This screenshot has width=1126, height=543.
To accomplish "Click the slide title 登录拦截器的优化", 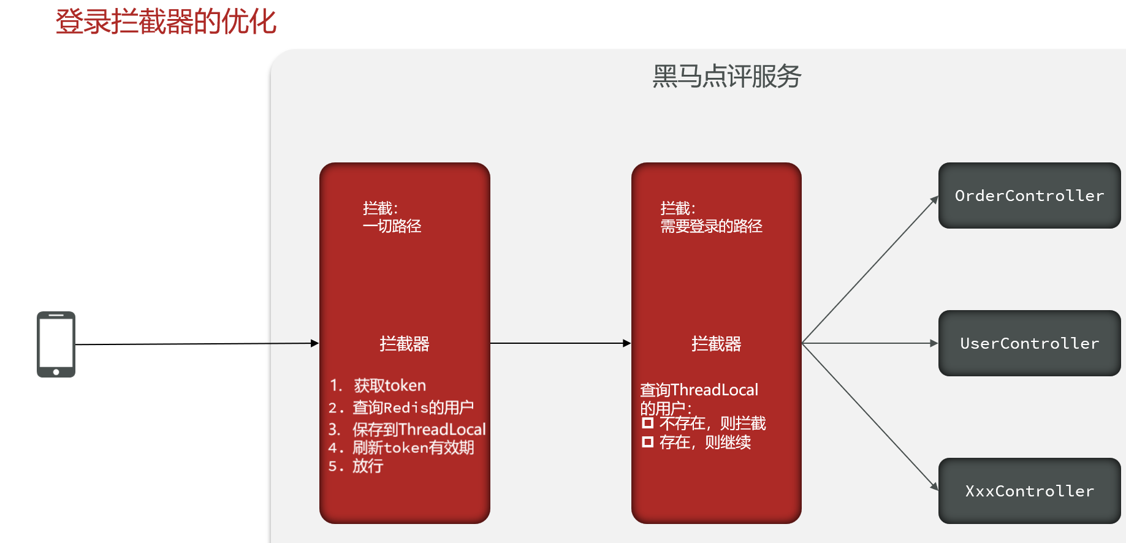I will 165,22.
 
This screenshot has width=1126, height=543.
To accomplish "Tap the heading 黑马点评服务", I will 726,77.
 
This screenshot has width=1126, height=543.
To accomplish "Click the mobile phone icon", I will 56,344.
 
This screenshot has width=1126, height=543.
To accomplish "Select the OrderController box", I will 1029,196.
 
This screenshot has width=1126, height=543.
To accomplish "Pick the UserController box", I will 1029,343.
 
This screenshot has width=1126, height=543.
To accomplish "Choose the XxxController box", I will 1029,491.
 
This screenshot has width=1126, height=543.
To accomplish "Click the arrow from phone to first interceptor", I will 196,344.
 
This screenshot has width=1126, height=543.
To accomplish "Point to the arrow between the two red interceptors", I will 560,343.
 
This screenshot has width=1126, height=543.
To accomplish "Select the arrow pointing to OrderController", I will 870,270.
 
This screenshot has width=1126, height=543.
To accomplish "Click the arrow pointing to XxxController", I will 870,417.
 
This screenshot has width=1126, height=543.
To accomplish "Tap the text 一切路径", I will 392,227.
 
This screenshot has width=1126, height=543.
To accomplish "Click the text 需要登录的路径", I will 711,227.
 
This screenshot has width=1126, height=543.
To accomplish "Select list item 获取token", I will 389,385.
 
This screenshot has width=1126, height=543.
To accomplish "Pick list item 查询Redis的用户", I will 413,408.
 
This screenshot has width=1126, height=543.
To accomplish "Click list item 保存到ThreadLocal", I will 419,429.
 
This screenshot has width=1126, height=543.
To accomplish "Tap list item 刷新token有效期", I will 413,447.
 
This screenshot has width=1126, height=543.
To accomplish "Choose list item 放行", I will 368,466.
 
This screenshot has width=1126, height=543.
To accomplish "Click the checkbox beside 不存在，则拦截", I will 647,423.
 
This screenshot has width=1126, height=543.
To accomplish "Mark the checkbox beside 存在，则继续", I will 647,442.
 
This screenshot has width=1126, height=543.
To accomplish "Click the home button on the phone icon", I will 56,372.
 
